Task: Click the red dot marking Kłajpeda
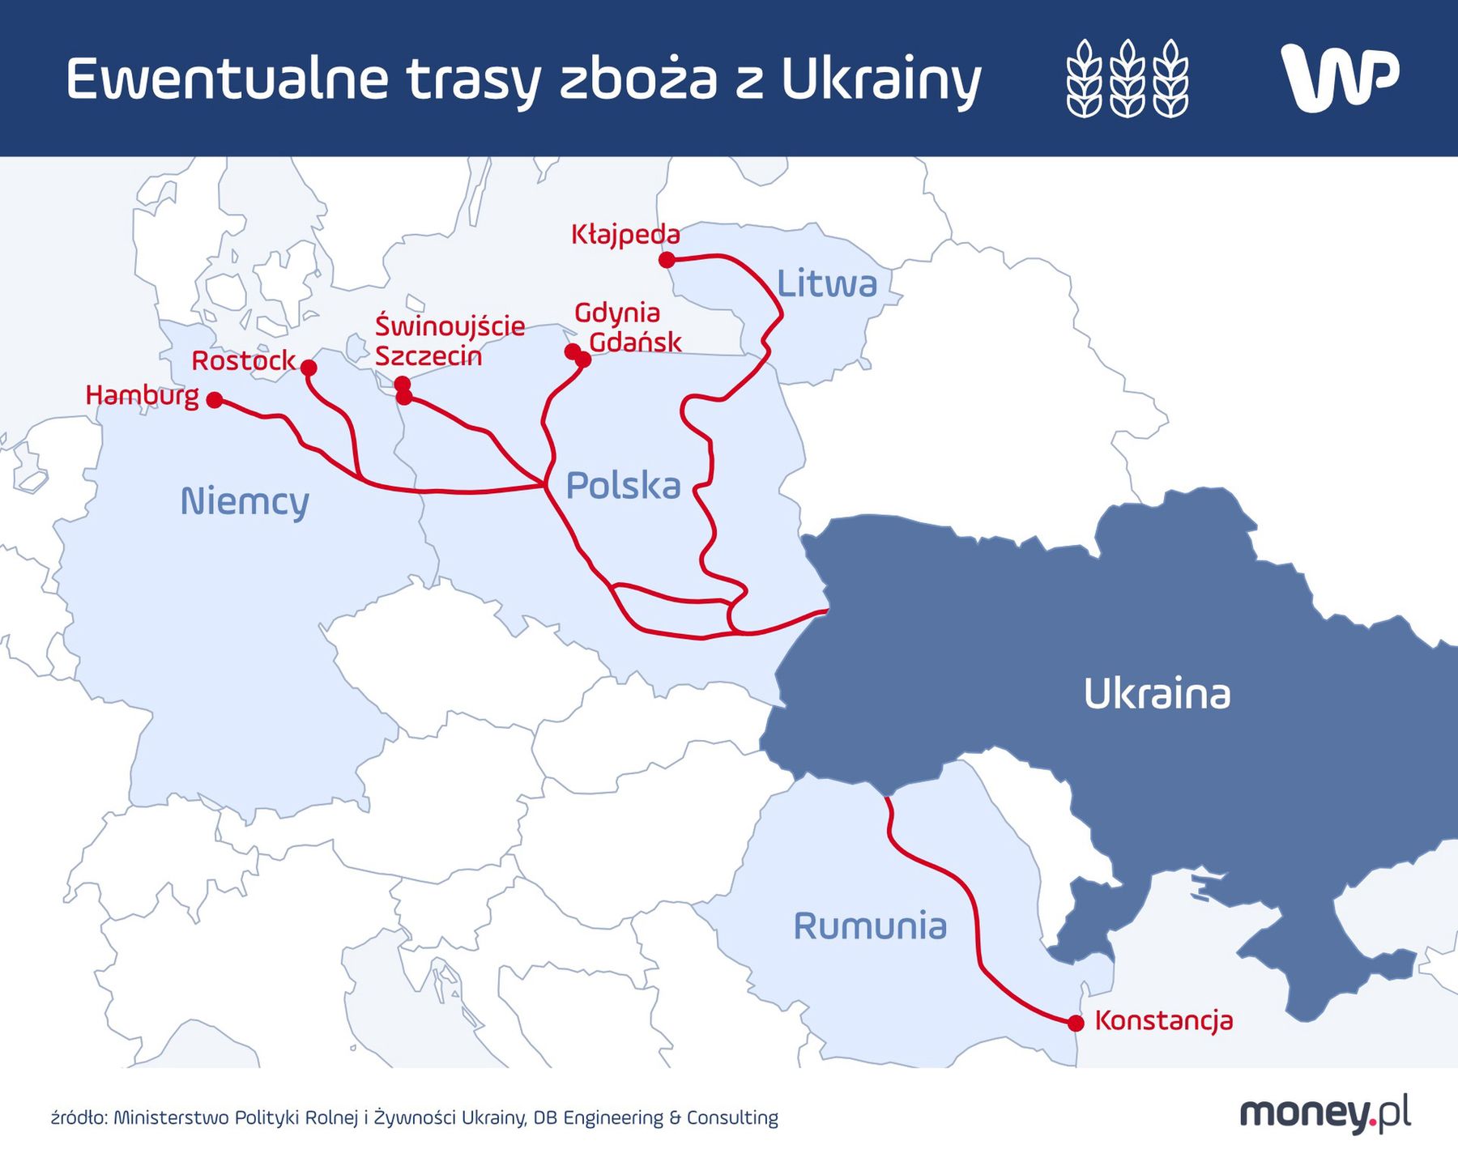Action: pos(667,260)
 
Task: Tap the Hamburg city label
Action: pos(143,395)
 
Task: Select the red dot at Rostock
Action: pos(309,368)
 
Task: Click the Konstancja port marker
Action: pos(1076,1023)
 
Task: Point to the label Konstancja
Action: pos(1164,1020)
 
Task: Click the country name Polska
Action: pos(623,485)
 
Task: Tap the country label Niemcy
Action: pos(245,501)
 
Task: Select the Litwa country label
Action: pos(827,283)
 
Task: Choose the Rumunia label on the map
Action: pos(870,926)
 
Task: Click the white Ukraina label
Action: pos(1157,694)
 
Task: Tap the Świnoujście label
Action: pos(450,326)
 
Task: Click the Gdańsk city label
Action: pos(635,342)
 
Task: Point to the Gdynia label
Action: pos(617,312)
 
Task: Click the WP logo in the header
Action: pos(1340,78)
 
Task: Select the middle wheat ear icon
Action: pos(1127,78)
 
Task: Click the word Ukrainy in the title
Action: pos(881,79)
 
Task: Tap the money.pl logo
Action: pos(1325,1114)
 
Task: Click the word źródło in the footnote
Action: pos(78,1118)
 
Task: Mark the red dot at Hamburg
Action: pos(215,400)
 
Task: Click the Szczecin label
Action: pos(428,356)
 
